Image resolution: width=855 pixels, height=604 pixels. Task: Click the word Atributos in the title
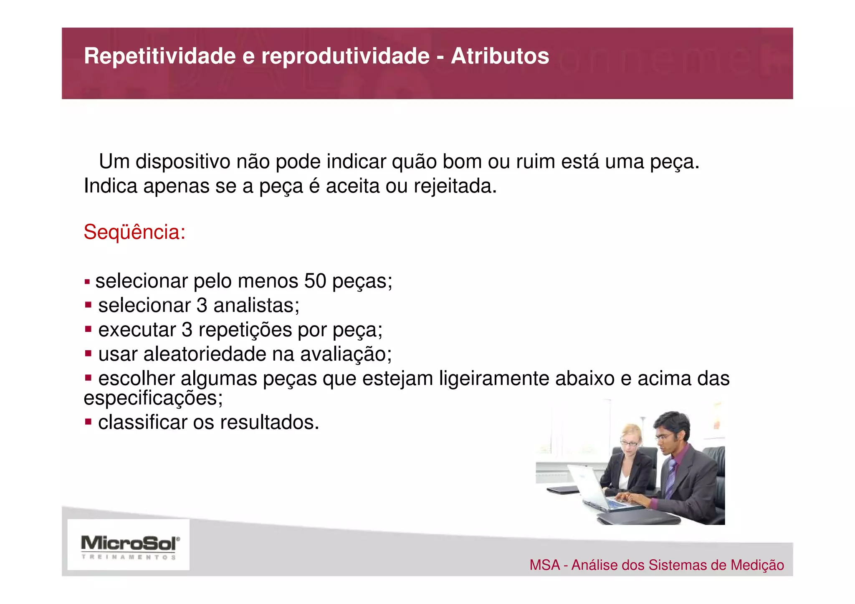coord(500,56)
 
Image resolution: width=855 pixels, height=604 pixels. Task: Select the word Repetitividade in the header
coord(160,56)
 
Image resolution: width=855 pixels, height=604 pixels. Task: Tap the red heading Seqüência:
coord(134,232)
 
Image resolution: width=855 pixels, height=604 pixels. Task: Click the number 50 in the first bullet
coord(315,281)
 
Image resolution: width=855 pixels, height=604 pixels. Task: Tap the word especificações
coord(153,398)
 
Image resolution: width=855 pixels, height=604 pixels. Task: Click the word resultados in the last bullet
coord(269,422)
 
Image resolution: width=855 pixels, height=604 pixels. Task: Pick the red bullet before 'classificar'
coord(88,422)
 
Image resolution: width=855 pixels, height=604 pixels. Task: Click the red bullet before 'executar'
coord(88,329)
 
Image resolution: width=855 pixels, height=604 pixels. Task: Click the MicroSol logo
coord(129,543)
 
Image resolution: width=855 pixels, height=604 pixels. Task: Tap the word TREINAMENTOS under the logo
coord(129,557)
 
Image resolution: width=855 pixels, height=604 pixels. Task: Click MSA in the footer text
coord(544,565)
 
